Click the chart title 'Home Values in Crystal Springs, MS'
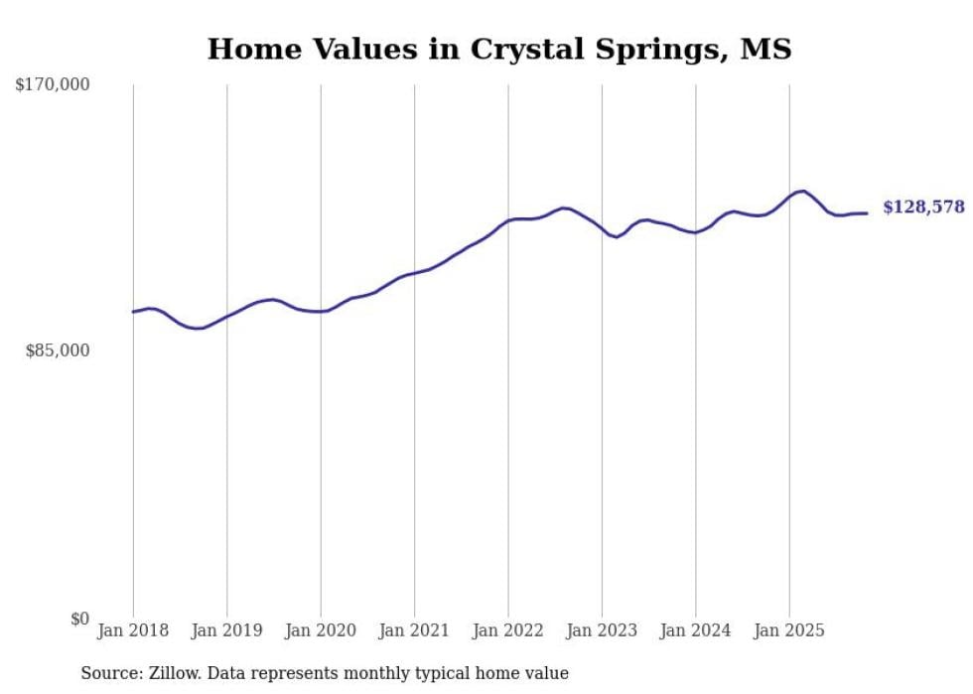[499, 49]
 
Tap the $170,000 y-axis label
[53, 85]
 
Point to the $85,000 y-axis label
[57, 350]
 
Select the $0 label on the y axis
[79, 619]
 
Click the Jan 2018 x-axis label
[133, 630]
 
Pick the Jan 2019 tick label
[226, 630]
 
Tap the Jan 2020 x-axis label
[321, 630]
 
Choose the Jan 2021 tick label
[414, 630]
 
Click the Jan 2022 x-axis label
[508, 630]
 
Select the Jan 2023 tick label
[602, 630]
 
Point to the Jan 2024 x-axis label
[696, 630]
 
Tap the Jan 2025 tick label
[789, 630]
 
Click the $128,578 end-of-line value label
[923, 208]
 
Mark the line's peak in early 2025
[802, 191]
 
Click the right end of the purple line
[868, 213]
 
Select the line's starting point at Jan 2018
[133, 312]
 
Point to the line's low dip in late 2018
[198, 328]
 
